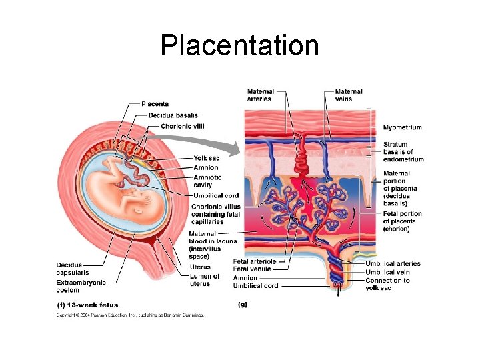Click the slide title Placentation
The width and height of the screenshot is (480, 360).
pos(239,45)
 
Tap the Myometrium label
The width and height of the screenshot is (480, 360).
pos(402,127)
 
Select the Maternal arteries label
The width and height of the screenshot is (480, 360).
pos(259,95)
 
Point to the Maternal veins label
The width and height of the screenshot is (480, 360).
pos(349,95)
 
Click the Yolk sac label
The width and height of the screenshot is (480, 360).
pos(207,158)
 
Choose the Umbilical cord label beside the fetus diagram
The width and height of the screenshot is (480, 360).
pos(216,195)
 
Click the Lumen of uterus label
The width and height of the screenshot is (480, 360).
pos(204,280)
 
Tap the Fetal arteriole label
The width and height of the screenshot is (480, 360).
pos(255,261)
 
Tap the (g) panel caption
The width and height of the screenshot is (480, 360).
pos(243,305)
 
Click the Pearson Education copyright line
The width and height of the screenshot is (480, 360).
pos(130,315)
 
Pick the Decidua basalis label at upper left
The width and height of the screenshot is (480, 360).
pos(173,115)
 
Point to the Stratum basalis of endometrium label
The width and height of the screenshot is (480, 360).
pos(403,152)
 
